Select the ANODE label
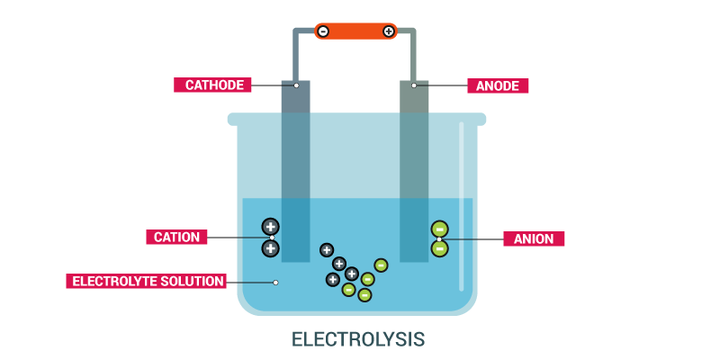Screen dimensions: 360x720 (x=498, y=86)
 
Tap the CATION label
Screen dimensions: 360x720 (x=176, y=238)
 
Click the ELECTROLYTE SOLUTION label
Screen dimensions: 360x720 (x=147, y=281)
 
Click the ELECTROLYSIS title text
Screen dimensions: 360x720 (x=357, y=339)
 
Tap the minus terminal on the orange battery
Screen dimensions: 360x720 (x=323, y=31)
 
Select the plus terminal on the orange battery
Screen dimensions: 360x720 (x=389, y=31)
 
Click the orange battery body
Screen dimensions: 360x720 (x=355, y=31)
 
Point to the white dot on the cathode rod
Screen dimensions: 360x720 (x=295, y=85)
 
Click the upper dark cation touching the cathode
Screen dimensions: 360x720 (x=270, y=226)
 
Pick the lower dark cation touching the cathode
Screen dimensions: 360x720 (x=270, y=247)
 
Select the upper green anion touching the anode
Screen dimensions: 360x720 (x=439, y=229)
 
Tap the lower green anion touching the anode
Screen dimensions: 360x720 (x=439, y=247)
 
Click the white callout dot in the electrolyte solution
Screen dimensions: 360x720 (x=275, y=282)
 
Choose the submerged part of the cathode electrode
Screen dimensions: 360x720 (x=295, y=229)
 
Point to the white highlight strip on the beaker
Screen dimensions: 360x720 (x=463, y=207)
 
